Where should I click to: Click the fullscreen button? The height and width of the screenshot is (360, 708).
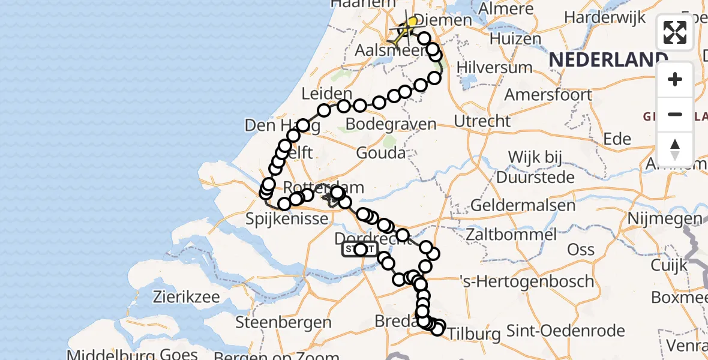[x=675, y=32]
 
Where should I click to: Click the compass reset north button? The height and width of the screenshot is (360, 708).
[x=675, y=149]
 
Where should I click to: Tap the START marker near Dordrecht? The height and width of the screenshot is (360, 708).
[x=360, y=250]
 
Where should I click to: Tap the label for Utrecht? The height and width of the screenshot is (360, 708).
[x=482, y=121]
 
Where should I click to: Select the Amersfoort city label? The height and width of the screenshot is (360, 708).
[x=548, y=95]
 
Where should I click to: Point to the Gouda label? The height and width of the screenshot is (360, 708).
[x=380, y=153]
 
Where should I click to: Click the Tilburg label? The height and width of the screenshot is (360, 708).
[x=474, y=334]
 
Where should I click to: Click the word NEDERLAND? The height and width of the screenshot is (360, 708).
[x=608, y=59]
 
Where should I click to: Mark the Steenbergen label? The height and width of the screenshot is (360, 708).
[x=283, y=322]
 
